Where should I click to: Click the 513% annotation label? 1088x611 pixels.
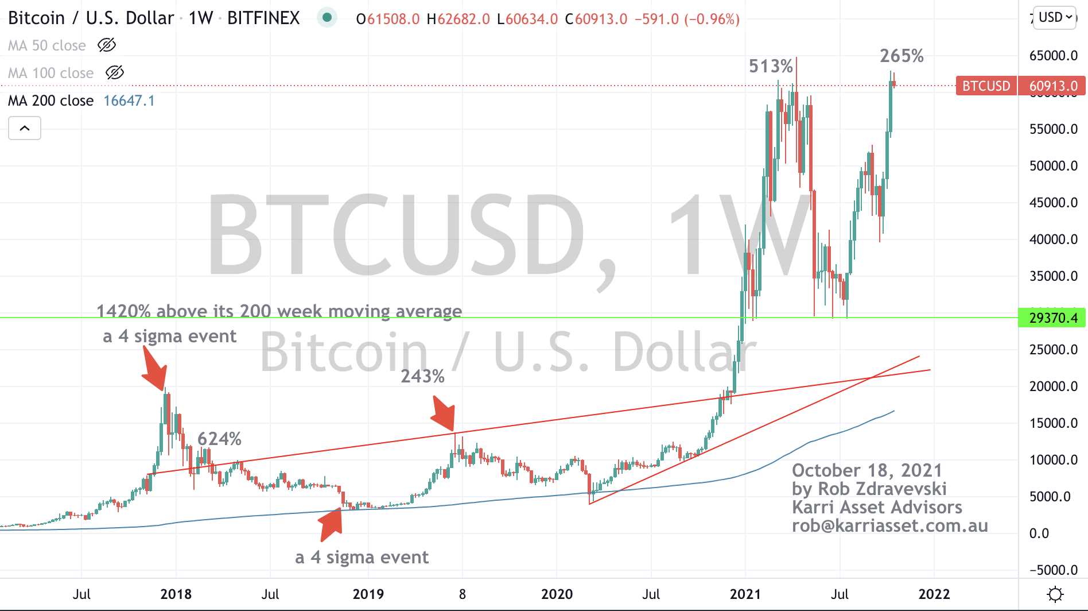[x=771, y=67]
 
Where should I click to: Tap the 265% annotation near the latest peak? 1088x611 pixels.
[x=902, y=56]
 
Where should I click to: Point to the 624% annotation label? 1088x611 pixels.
[x=219, y=439]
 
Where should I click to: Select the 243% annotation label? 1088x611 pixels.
[x=422, y=377]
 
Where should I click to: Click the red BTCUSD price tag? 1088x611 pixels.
[x=986, y=86]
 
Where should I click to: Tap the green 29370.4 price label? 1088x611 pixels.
[x=1053, y=318]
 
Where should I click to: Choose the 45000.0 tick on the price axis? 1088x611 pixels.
[x=1053, y=203]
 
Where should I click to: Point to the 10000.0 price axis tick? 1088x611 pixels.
[x=1053, y=460]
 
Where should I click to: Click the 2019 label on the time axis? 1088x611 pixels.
[x=368, y=594]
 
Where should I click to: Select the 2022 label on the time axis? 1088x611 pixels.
[x=934, y=594]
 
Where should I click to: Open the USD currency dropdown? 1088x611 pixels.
[x=1055, y=18]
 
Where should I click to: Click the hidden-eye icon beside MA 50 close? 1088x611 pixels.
[x=107, y=45]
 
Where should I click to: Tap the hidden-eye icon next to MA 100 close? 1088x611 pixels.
[x=115, y=73]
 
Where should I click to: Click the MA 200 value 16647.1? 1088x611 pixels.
[x=129, y=101]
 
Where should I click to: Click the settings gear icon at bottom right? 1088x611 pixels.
[x=1055, y=594]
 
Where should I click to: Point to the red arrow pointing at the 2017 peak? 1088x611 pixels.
[x=155, y=371]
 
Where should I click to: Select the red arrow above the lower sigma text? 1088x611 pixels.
[x=331, y=524]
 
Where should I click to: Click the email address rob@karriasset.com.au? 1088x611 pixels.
[x=889, y=526]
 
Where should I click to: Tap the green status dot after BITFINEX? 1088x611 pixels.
[x=327, y=18]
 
